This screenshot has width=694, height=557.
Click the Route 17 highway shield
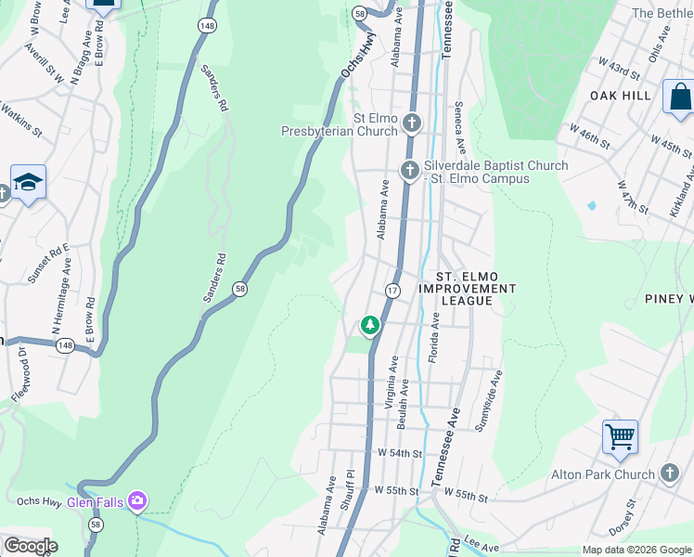point(392,291)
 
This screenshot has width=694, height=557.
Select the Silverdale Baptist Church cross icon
point(409,170)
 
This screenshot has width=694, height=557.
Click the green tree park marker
point(370,326)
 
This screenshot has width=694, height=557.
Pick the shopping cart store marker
point(619,435)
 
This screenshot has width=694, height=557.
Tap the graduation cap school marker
point(29,182)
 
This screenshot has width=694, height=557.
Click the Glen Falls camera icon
point(137,502)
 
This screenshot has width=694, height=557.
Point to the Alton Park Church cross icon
point(671,473)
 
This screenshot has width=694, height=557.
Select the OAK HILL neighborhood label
point(619,96)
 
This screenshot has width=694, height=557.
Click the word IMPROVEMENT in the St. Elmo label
point(467,289)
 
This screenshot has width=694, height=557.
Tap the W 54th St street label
point(400,453)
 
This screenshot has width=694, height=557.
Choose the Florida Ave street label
point(434,337)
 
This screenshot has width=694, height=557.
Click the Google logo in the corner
point(30,546)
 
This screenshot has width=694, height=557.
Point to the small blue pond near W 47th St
point(591,205)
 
